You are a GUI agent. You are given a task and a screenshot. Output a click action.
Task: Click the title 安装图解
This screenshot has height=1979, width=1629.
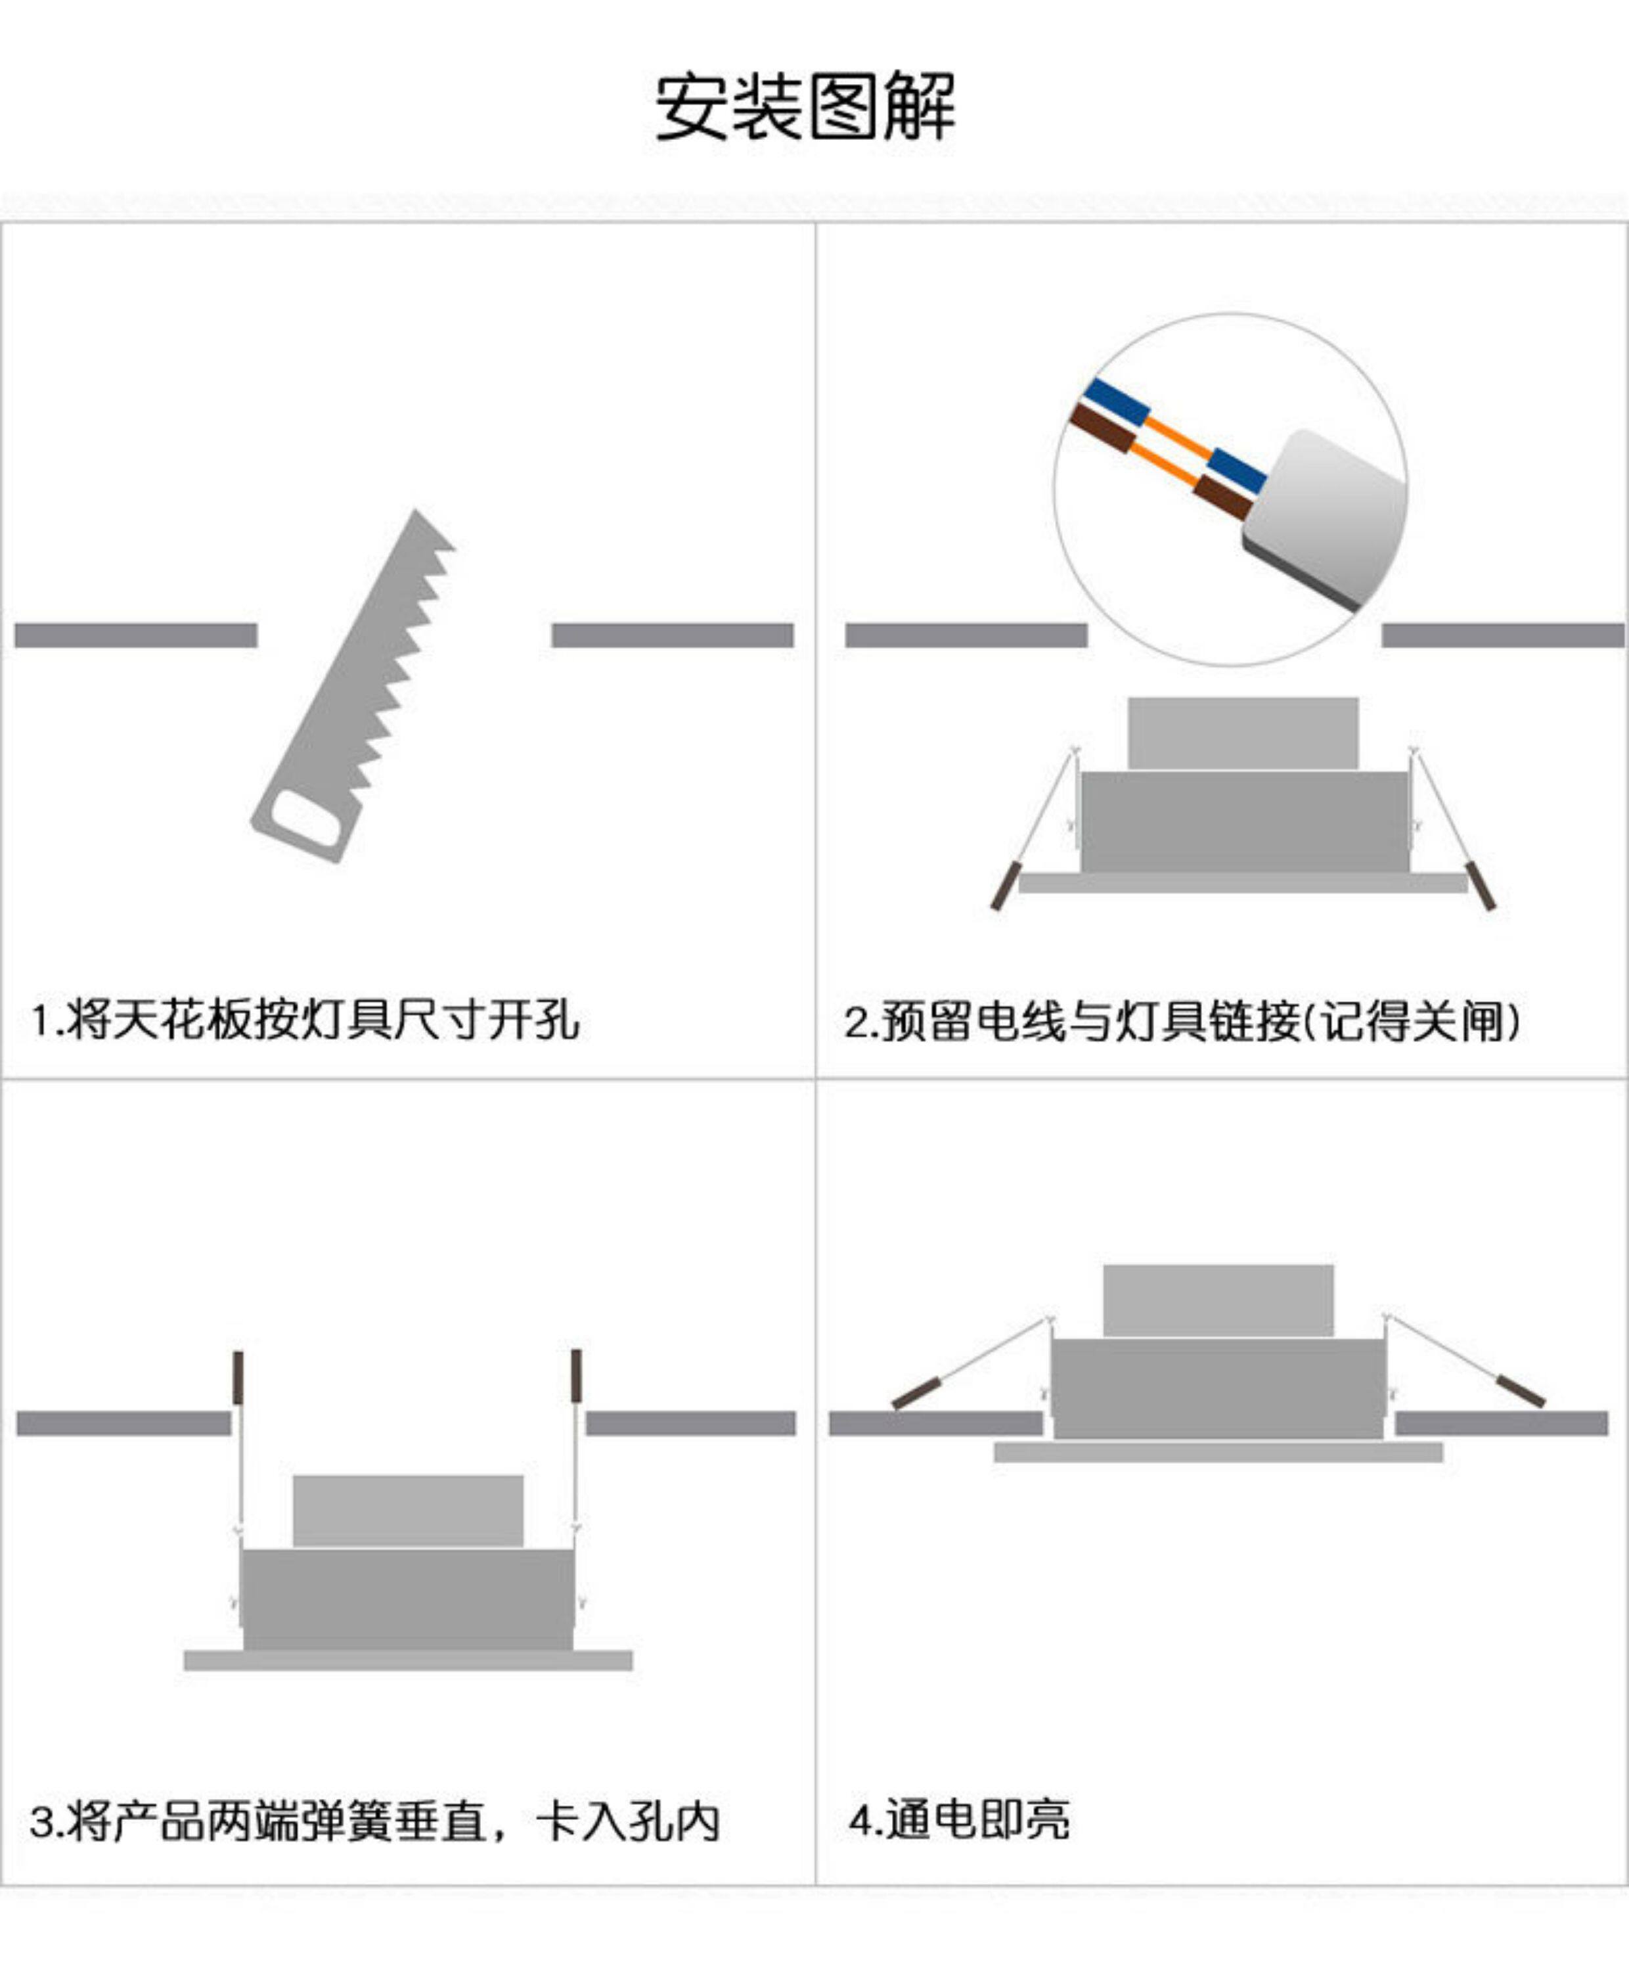pos(805,106)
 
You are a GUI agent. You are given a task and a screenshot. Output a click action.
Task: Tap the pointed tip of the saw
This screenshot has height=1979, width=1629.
pos(416,511)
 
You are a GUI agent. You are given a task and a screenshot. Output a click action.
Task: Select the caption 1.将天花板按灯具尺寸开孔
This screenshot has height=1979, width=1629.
pos(305,1019)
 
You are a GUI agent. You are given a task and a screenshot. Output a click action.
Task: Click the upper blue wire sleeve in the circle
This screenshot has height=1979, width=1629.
pos(1117,401)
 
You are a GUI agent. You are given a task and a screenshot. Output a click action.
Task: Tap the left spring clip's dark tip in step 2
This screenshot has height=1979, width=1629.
pos(1005,885)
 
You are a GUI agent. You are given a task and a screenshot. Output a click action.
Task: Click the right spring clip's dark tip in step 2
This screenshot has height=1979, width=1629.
pos(1482,885)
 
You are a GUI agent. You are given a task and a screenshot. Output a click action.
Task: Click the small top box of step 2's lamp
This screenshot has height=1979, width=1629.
pos(1242,733)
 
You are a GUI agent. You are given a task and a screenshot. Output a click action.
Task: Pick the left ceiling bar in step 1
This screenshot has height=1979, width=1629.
pos(136,635)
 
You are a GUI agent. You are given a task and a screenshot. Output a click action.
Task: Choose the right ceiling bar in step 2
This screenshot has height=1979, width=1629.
pos(1504,635)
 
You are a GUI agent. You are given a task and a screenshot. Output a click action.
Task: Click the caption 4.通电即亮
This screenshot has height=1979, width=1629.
pos(958,1819)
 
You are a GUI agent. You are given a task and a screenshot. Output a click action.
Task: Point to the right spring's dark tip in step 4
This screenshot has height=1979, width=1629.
pos(1520,1392)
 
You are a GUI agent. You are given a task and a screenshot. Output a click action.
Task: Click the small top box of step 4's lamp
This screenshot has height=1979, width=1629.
pos(1218,1300)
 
